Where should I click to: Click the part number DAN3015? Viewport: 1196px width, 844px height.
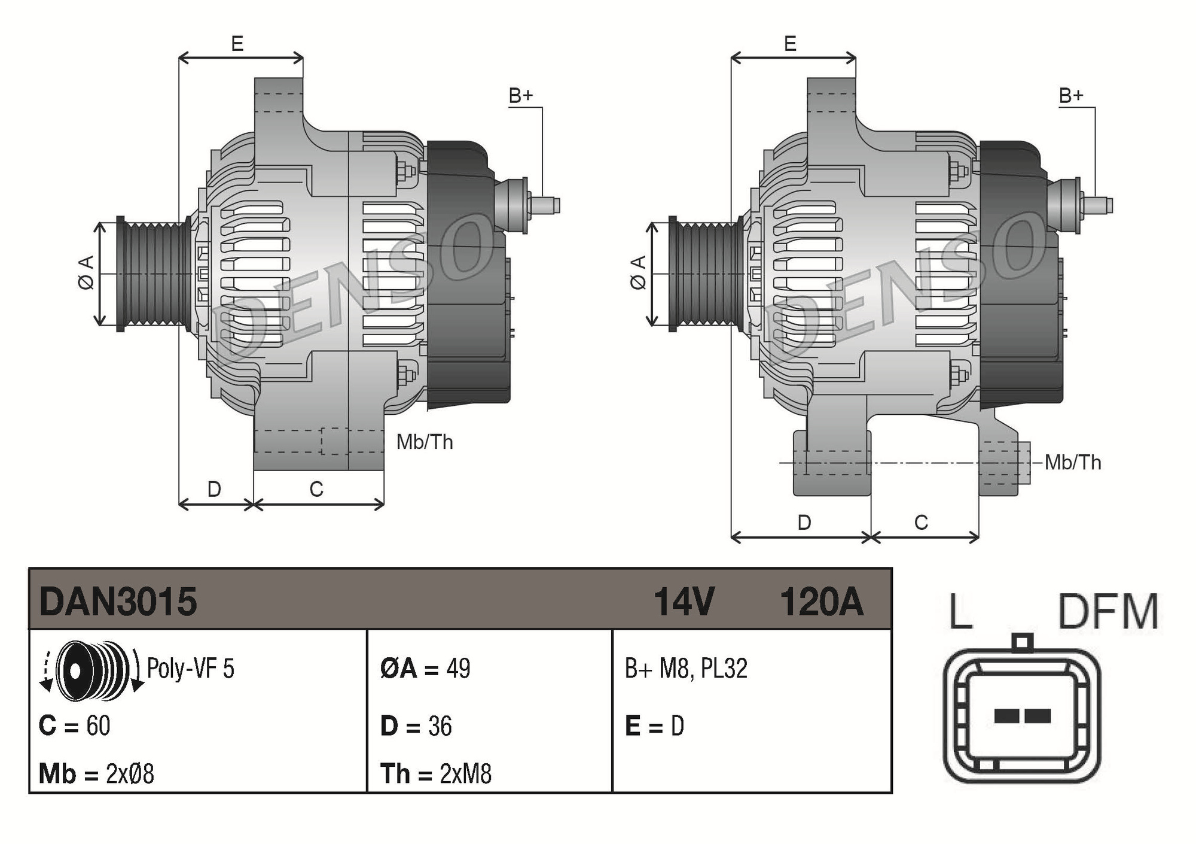click(118, 601)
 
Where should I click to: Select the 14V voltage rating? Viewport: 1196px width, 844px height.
click(684, 602)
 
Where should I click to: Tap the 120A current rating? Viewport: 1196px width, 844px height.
click(822, 602)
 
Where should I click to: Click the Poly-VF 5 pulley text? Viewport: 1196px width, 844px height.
click(191, 669)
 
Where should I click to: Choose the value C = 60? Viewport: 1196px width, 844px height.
click(74, 726)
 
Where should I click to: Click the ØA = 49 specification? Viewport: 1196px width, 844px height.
click(425, 669)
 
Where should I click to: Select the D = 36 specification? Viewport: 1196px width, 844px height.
click(416, 726)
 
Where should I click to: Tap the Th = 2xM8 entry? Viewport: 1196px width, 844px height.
click(436, 774)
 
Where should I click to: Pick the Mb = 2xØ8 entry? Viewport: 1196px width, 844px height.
click(96, 774)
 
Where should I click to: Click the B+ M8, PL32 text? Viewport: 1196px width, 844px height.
click(686, 669)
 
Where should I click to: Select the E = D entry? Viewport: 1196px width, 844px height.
click(654, 726)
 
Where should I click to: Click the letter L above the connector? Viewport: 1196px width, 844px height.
click(961, 612)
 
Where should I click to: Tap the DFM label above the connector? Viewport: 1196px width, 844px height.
click(1108, 612)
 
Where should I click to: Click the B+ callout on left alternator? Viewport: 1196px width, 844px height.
click(520, 96)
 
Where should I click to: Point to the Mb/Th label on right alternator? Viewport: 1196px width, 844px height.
click(1073, 463)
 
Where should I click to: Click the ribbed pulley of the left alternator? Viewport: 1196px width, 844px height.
click(152, 274)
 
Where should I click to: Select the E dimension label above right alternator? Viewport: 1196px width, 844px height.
click(790, 44)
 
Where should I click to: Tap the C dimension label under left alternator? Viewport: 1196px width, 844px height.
click(316, 490)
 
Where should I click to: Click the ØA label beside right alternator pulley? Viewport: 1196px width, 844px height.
click(639, 273)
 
